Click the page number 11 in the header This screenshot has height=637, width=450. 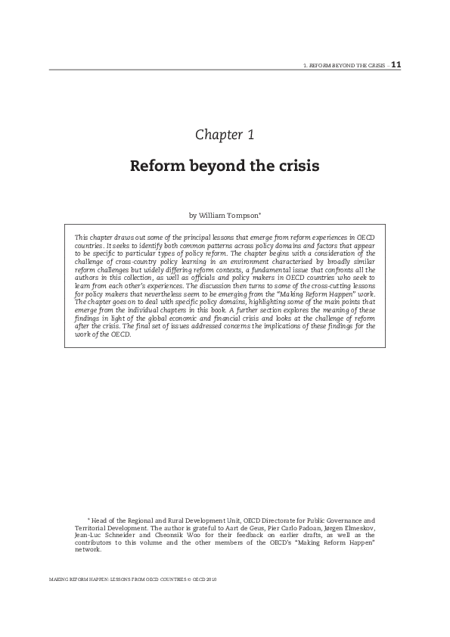pos(396,64)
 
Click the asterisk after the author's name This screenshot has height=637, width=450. pos(259,213)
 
